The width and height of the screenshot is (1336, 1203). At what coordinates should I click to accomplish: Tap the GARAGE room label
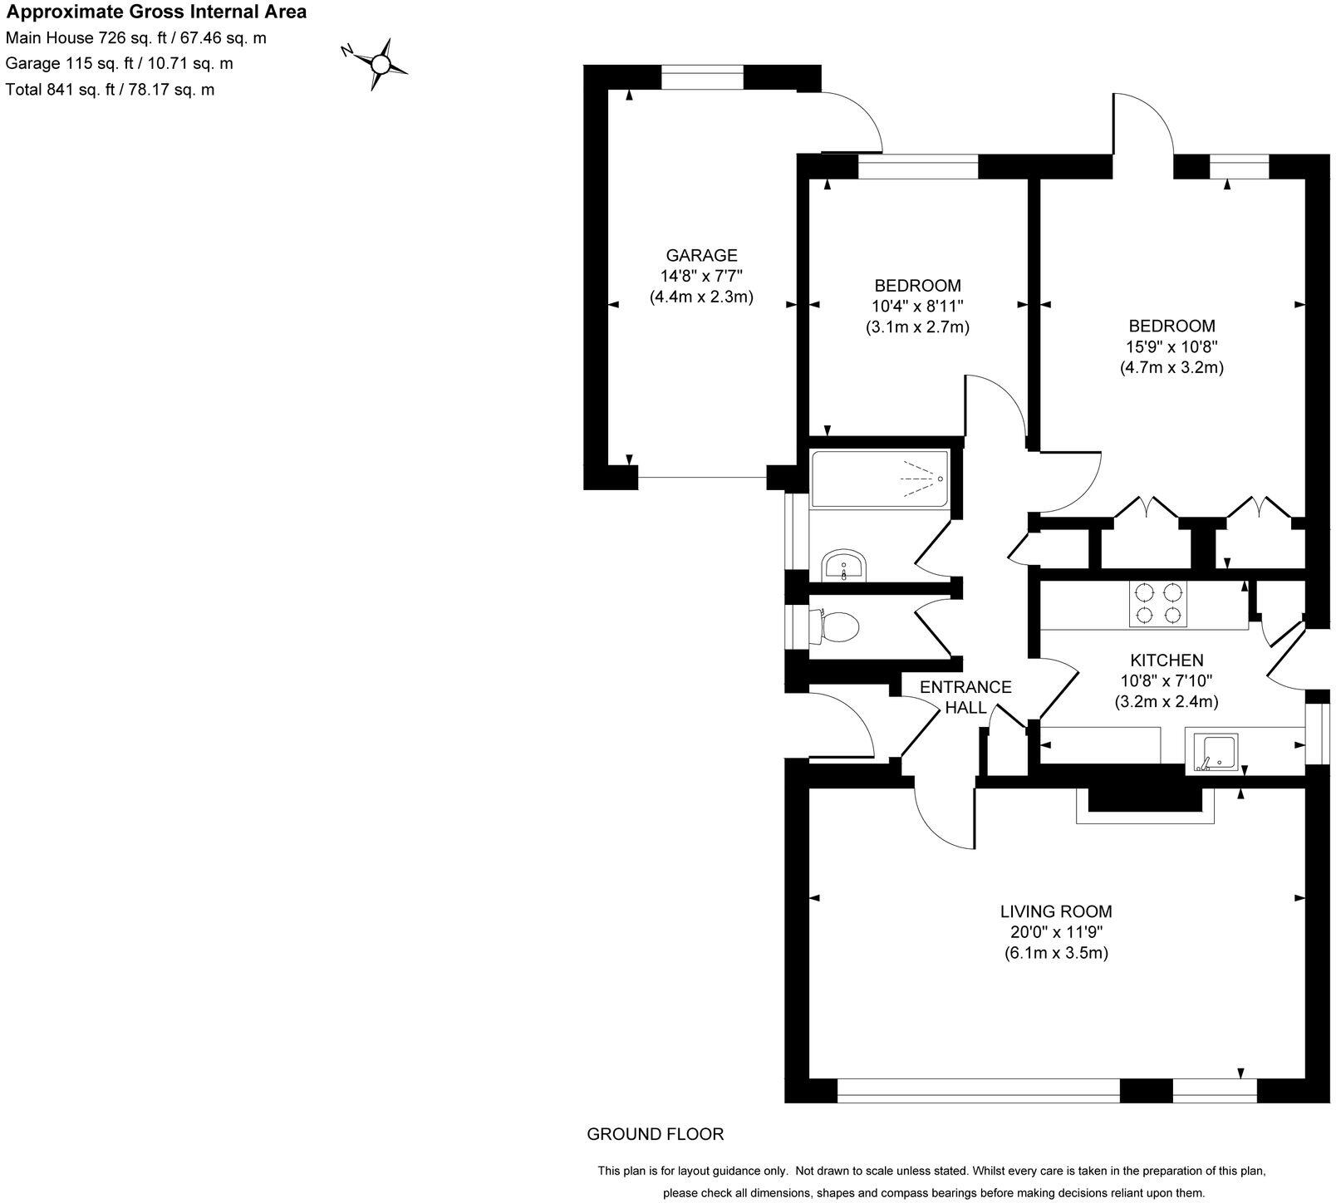701,255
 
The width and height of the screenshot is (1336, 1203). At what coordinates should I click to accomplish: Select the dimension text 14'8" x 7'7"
701,276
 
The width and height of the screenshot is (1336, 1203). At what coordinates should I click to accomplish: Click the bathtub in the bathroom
879,479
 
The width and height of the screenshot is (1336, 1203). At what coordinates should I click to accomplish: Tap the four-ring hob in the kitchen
1157,603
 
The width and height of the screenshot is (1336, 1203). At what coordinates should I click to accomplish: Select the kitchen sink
1216,752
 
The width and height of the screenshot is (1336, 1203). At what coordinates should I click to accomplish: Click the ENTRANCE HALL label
965,697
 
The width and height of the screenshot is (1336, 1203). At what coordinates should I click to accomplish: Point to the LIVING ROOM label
1055,911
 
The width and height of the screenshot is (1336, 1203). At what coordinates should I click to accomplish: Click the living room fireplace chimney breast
1145,799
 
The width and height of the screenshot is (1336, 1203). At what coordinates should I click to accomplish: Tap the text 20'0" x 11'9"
1055,932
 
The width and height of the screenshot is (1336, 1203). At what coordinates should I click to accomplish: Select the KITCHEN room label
1166,660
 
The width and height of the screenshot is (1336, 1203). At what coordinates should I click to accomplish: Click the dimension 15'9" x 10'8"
1171,346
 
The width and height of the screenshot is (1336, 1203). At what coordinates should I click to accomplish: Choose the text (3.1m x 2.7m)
917,327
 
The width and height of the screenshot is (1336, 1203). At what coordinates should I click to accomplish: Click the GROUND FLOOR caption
655,1134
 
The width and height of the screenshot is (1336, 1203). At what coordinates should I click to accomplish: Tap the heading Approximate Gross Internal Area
157,12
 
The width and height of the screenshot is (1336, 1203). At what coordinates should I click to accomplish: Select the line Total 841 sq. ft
110,90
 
